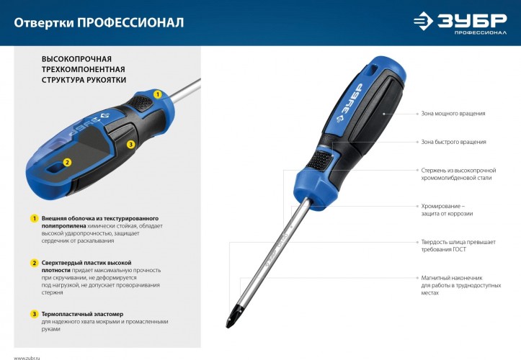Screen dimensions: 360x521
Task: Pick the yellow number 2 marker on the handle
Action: tap(66, 163)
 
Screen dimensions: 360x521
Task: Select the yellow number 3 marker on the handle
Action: tap(130, 144)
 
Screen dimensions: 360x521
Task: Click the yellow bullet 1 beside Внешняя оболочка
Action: tap(33, 218)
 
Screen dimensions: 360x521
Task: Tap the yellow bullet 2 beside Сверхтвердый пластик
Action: tap(33, 263)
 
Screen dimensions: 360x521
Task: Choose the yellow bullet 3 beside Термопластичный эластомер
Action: tap(33, 314)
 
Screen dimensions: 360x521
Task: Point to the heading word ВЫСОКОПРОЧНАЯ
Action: tap(76, 57)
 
